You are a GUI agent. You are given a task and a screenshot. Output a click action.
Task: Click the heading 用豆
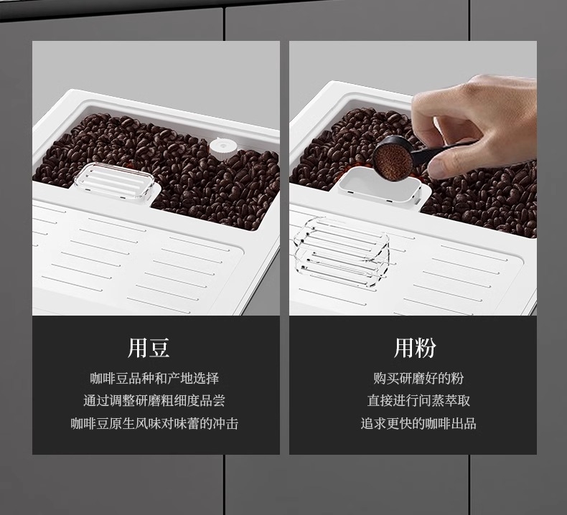[x=149, y=348]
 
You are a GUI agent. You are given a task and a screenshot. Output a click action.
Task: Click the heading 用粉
[x=415, y=348]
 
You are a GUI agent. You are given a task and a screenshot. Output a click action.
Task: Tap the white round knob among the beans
[x=223, y=148]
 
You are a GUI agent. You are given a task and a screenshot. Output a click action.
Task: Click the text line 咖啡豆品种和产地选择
[x=154, y=379]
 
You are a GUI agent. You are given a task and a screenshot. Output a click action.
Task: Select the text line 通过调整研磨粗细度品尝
[x=154, y=400]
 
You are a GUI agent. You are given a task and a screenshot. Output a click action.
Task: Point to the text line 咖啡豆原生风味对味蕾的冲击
[x=154, y=423]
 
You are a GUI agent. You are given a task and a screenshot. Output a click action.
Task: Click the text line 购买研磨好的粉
[x=418, y=379]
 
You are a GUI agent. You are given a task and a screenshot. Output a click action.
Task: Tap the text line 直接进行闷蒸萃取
[x=418, y=400]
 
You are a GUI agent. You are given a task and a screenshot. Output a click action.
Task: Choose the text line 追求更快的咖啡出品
[x=418, y=423]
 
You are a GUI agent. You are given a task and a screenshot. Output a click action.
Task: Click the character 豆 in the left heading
[x=159, y=348]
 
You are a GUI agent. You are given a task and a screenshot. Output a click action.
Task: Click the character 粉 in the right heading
[x=426, y=348]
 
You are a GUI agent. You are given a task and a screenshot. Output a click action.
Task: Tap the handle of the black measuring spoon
[x=434, y=153]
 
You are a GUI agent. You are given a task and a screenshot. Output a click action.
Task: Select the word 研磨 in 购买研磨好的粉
[x=412, y=379]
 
